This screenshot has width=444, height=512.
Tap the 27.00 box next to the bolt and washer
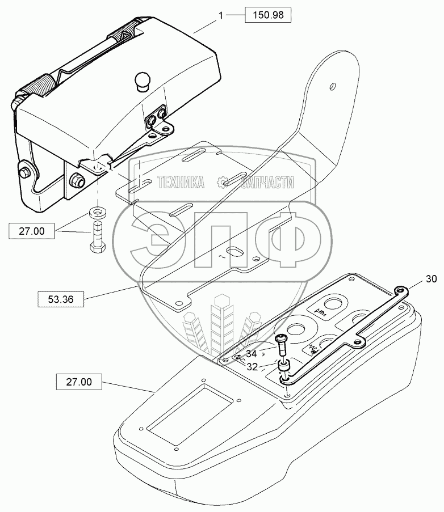pos(32,231)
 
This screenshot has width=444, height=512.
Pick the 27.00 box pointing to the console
pos(79,382)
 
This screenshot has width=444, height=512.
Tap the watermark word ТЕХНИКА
pos(181,182)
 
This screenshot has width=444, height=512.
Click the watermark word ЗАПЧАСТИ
pos(267,182)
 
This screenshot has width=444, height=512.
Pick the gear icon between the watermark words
pos(223,182)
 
